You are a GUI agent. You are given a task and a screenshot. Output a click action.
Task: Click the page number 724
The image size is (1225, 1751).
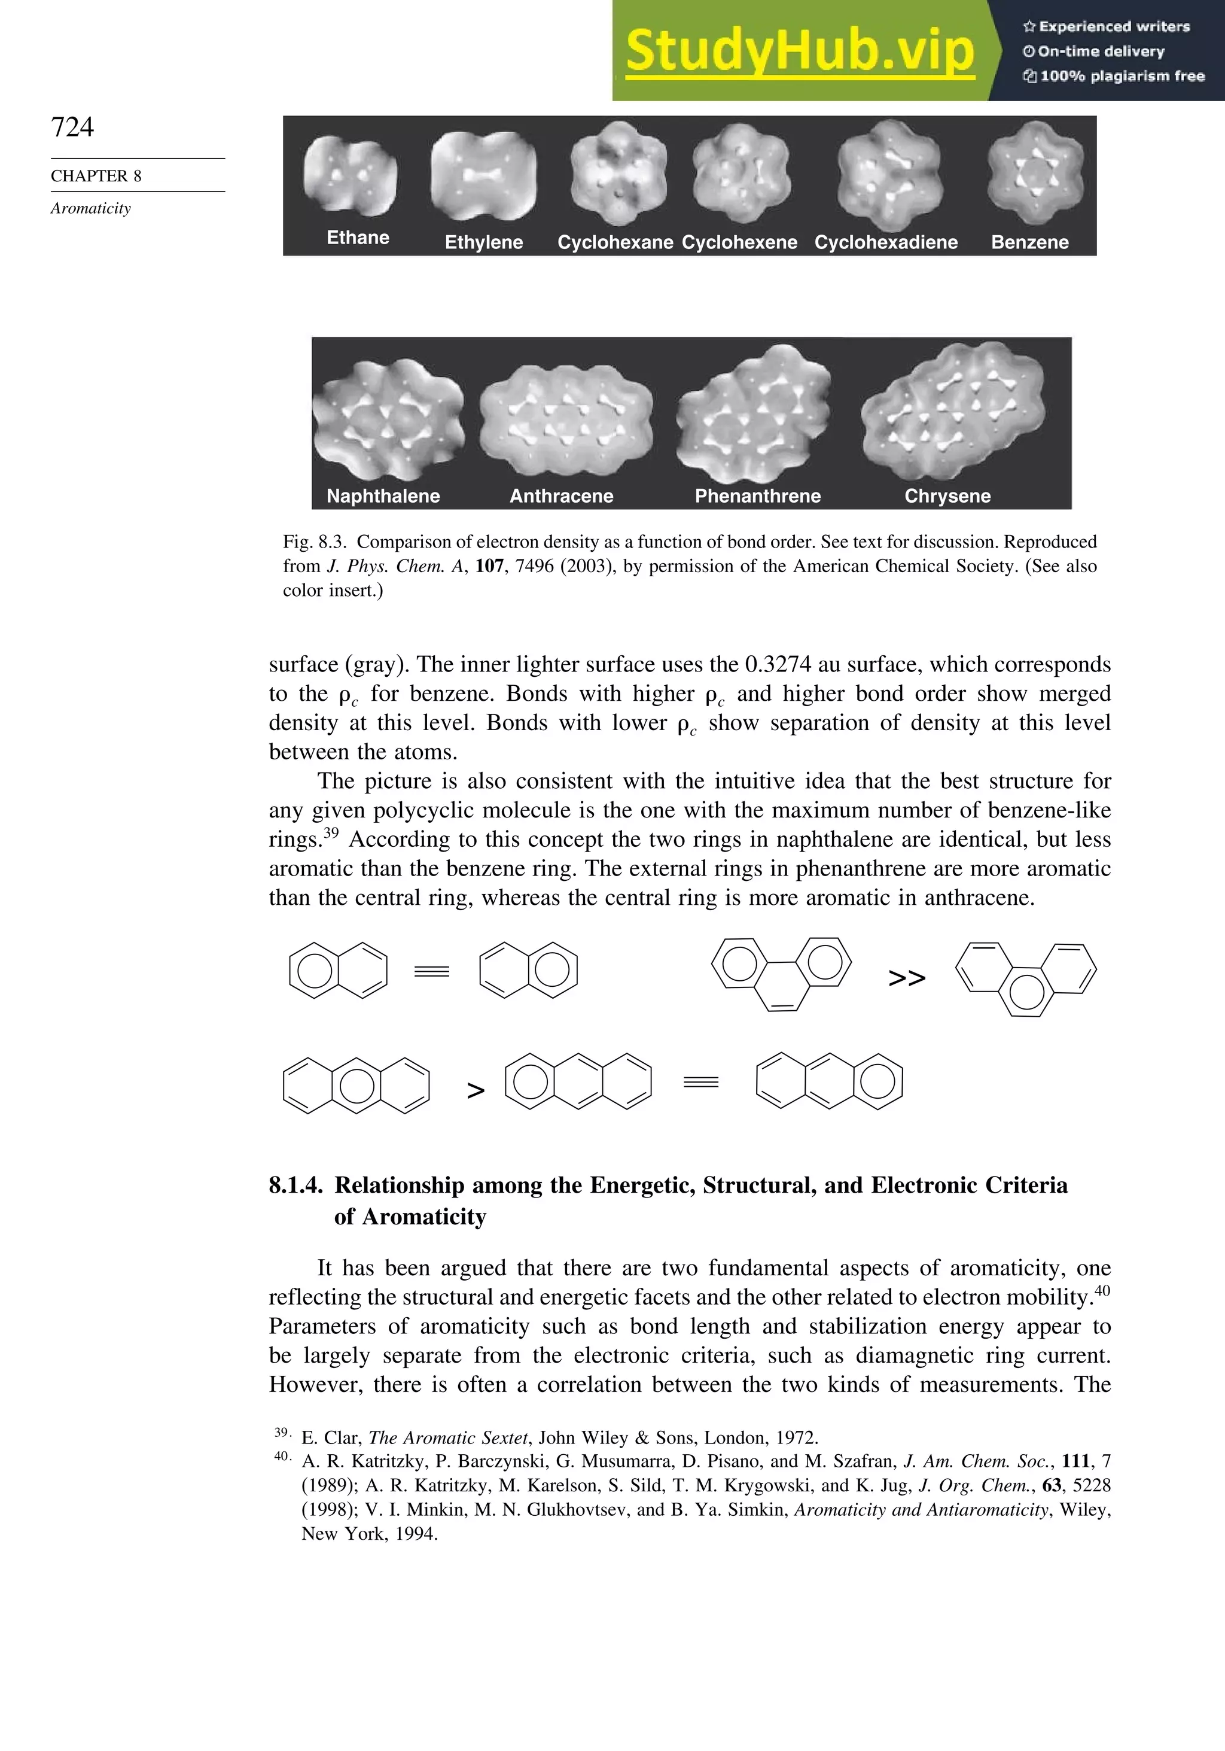tap(72, 127)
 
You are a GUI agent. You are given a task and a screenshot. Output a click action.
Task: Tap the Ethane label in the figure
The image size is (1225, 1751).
tap(358, 238)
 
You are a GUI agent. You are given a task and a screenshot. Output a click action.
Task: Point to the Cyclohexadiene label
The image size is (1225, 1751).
tap(886, 242)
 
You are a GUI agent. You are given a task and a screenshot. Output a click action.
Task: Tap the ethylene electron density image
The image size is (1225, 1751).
tap(483, 175)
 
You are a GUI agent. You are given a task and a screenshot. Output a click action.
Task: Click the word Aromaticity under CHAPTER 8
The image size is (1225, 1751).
tap(91, 208)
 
